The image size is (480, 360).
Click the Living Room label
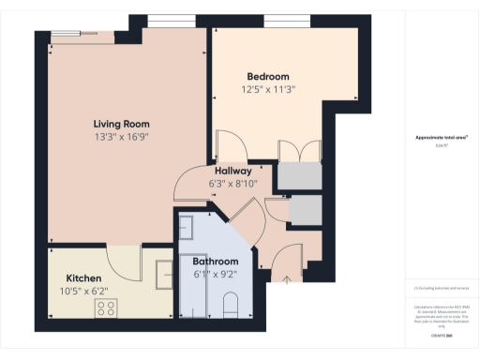[x=122, y=124]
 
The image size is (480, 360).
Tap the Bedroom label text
[x=268, y=76]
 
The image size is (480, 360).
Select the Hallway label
[x=232, y=172]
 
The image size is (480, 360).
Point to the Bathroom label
[x=216, y=262]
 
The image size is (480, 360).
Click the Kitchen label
[x=83, y=278]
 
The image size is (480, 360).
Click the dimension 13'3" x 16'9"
[x=122, y=137]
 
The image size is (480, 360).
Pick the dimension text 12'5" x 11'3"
[x=268, y=90]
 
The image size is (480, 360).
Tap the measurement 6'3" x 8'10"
[x=232, y=184]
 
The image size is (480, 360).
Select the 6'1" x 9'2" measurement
[x=216, y=275]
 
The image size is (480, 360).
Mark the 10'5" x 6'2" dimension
[x=83, y=292]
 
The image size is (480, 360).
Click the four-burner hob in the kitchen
[x=105, y=307]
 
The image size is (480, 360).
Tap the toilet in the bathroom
[x=232, y=304]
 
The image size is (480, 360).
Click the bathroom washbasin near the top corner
[x=186, y=227]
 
